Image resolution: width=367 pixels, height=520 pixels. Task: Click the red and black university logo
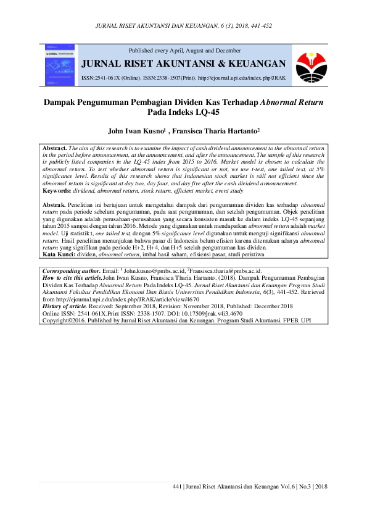[x=308, y=65]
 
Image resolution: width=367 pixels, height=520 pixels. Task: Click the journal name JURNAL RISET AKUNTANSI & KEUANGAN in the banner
[x=184, y=64]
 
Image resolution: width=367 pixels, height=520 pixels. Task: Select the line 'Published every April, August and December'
[x=184, y=49]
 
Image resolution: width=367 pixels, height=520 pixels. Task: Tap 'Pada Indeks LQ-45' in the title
[x=183, y=113]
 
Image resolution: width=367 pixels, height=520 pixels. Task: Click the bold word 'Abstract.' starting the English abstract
[x=54, y=149]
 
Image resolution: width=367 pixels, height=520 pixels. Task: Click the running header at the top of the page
[x=184, y=27]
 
